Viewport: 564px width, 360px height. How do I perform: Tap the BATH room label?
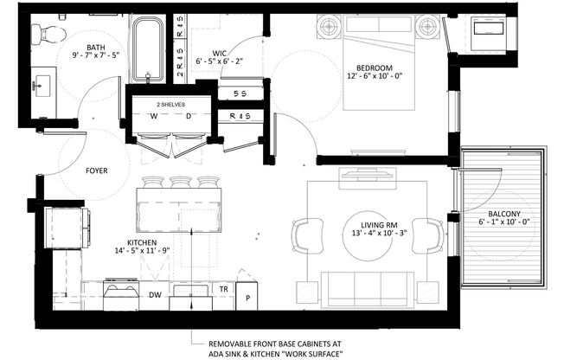96,49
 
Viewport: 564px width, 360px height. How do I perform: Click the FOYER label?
96,170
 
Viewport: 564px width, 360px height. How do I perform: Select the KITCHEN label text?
142,242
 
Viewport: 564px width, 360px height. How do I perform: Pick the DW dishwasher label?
155,295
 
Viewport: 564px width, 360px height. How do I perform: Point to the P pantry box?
247,298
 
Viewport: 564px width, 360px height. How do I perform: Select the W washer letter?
153,115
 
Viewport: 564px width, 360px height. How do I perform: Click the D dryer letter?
188,115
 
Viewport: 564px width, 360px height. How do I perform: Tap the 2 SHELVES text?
170,103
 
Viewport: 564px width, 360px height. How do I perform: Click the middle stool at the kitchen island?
180,183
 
